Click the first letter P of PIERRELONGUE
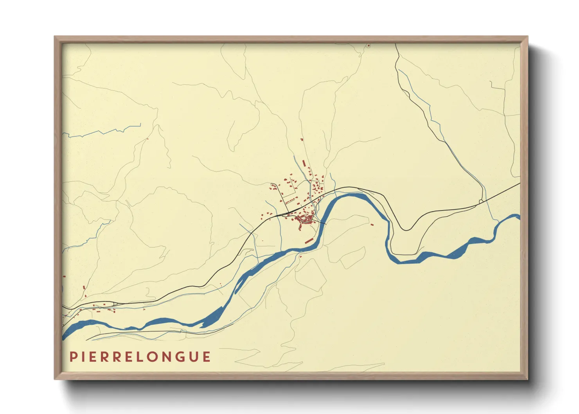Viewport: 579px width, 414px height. click(73, 357)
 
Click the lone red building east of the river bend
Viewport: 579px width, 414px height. click(372, 225)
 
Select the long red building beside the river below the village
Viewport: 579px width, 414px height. click(309, 240)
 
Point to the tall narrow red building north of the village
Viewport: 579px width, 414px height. click(304, 162)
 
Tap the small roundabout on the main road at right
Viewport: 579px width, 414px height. click(481, 201)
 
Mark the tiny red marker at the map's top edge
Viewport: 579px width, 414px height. click(369, 46)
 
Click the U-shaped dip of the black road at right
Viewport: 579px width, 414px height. click(406, 229)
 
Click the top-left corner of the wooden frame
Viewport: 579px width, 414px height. click(55, 37)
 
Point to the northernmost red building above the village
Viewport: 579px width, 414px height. click(301, 139)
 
